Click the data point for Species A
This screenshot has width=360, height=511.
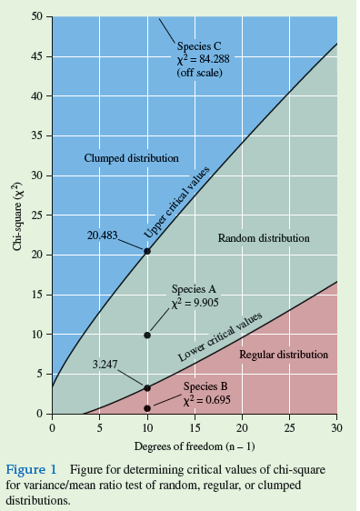pos(147,336)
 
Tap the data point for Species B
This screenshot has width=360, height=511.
pos(147,408)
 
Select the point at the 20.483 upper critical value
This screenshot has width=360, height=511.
pos(147,251)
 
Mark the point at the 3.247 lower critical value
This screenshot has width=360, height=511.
pos(147,388)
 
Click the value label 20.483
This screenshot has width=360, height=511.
pos(103,235)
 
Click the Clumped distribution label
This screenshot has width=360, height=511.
pos(131,158)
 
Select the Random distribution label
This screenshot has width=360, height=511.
pos(264,238)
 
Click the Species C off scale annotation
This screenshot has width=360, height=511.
pos(198,59)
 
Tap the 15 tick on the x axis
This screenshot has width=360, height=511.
pos(195,427)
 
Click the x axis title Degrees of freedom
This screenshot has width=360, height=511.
pos(194,446)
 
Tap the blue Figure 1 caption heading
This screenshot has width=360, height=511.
pos(32,469)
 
